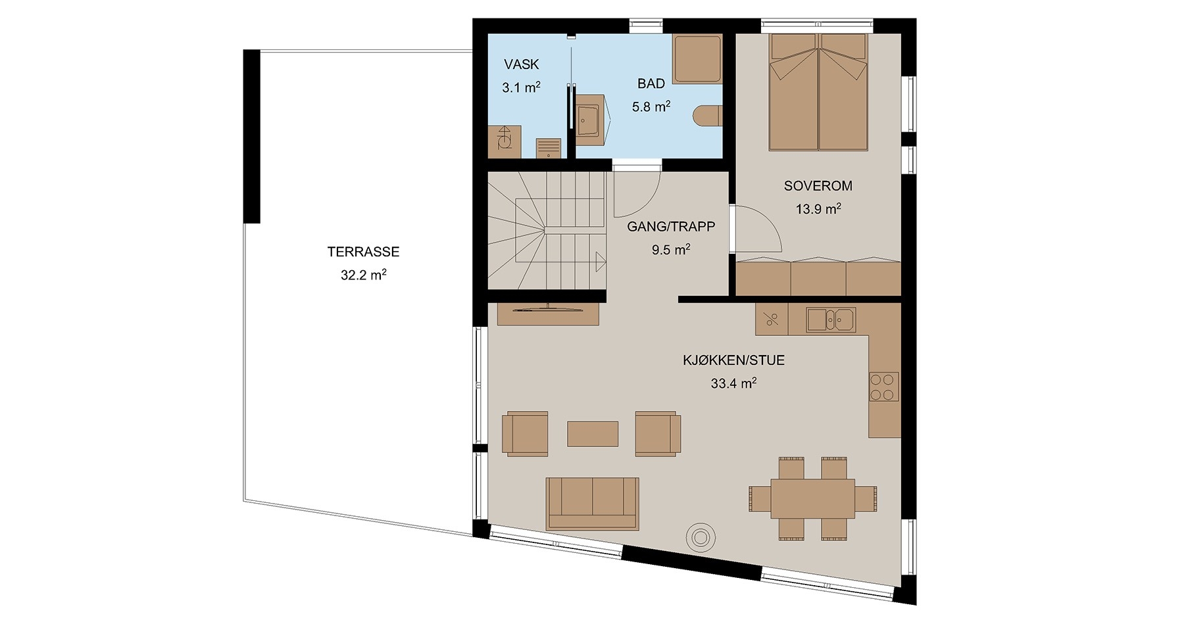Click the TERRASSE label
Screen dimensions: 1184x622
pyautogui.click(x=363, y=251)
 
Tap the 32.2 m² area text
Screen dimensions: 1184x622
pyautogui.click(x=363, y=275)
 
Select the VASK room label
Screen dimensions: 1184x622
pyautogui.click(x=522, y=64)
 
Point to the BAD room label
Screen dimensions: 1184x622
pyautogui.click(x=651, y=84)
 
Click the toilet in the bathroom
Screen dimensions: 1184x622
pyautogui.click(x=708, y=115)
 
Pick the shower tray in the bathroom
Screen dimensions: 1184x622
pyautogui.click(x=697, y=59)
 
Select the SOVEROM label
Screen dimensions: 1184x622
pyautogui.click(x=818, y=185)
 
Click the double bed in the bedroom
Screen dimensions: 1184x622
pyautogui.click(x=819, y=92)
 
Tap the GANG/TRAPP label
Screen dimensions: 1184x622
pyautogui.click(x=671, y=226)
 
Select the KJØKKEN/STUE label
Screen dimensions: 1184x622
pyautogui.click(x=733, y=360)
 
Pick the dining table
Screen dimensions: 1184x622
pyautogui.click(x=813, y=498)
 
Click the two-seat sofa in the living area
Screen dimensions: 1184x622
pyautogui.click(x=593, y=504)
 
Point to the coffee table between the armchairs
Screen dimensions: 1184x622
pyautogui.click(x=593, y=434)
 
